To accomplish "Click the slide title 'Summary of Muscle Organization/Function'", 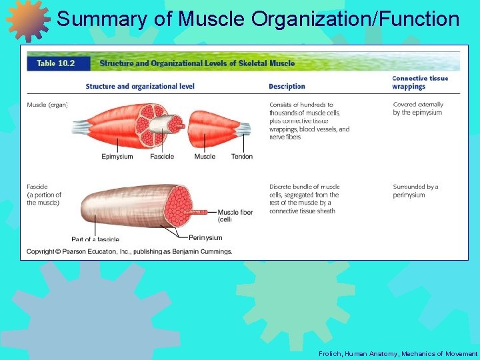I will coord(258,19).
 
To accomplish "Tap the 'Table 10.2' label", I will coord(55,63).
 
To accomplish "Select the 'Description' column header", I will coord(287,86).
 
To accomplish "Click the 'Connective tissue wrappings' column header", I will coord(419,82).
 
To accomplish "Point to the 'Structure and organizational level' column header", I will coord(140,86).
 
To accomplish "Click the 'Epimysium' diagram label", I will coord(117,157).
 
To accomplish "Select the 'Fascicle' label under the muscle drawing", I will coord(162,157).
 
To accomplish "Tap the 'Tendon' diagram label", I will coord(242,157).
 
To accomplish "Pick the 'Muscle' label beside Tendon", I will coord(205,157).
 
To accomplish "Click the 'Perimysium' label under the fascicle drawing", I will coord(205,237).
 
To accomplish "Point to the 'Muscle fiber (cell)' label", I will coord(235,215).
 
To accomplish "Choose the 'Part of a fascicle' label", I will coord(95,239).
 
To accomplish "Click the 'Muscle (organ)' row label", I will coord(47,105).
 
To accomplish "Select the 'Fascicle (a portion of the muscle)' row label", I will coord(44,195).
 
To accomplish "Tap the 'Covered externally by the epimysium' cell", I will coord(418,109).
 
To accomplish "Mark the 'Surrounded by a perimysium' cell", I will coord(415,191).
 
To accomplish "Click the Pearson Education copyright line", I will coord(129,251).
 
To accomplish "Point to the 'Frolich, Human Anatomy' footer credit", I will coord(398,353).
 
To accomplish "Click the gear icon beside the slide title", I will coord(28,19).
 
